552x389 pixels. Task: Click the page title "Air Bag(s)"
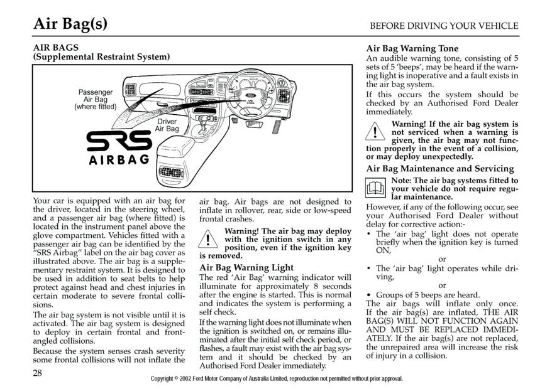[x=70, y=23]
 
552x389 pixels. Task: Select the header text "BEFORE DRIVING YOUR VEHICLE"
[x=444, y=26]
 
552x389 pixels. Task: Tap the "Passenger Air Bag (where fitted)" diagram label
[x=96, y=99]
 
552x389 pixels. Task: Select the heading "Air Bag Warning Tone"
[x=412, y=48]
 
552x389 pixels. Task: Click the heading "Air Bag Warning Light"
[x=246, y=267]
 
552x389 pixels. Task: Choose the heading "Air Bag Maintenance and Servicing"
[x=440, y=169]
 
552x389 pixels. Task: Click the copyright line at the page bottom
[x=277, y=379]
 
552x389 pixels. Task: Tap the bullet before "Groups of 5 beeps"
[x=369, y=295]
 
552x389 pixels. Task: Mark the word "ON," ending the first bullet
[x=384, y=250]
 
